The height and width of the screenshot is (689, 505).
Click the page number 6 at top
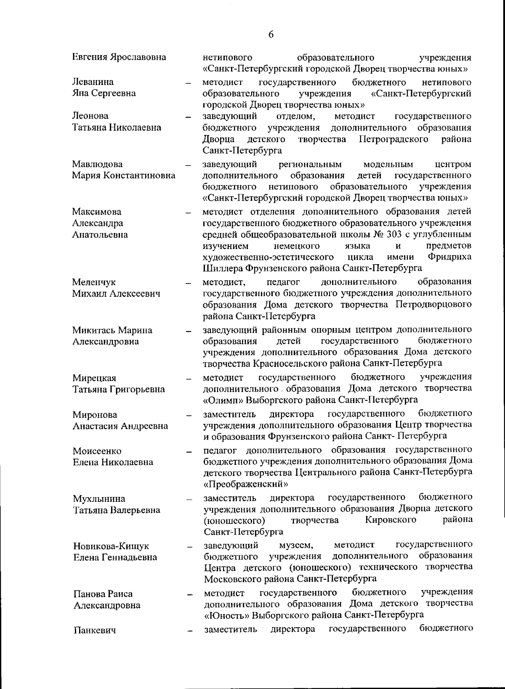point(271,35)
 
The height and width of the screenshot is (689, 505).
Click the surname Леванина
point(93,82)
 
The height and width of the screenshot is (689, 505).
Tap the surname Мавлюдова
point(97,164)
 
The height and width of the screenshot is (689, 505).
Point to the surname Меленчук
point(93,282)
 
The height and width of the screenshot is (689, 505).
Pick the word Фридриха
point(449,257)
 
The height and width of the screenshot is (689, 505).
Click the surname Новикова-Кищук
point(111,546)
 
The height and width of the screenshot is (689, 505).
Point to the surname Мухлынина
point(99,499)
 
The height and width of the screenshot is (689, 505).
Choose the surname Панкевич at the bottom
point(95,630)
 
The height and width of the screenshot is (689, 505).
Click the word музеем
point(296,546)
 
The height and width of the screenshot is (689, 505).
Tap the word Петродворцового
point(433,304)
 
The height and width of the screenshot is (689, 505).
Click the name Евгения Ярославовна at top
point(119,57)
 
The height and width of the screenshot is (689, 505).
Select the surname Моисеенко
point(97,451)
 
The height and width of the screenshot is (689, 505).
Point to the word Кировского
point(391,520)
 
